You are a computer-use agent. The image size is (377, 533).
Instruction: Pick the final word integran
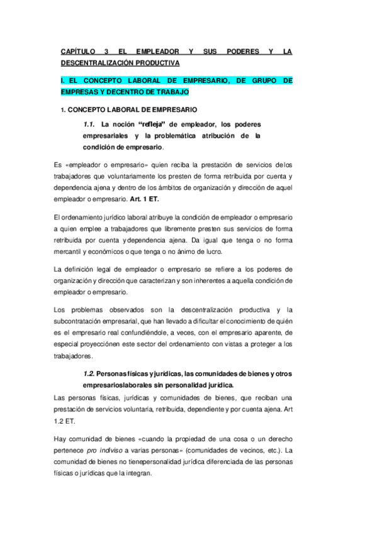click(x=137, y=475)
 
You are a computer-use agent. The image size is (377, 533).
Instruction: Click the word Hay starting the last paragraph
click(x=62, y=439)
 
